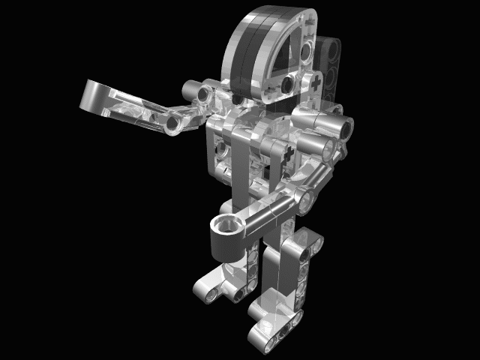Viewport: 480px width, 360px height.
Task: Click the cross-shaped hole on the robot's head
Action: pyautogui.click(x=317, y=79)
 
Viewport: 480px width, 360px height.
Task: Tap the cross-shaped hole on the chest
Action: pyautogui.click(x=288, y=154)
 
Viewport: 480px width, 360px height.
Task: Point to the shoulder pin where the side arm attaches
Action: pyautogui.click(x=205, y=92)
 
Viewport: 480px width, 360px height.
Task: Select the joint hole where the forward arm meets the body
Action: pyautogui.click(x=304, y=198)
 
